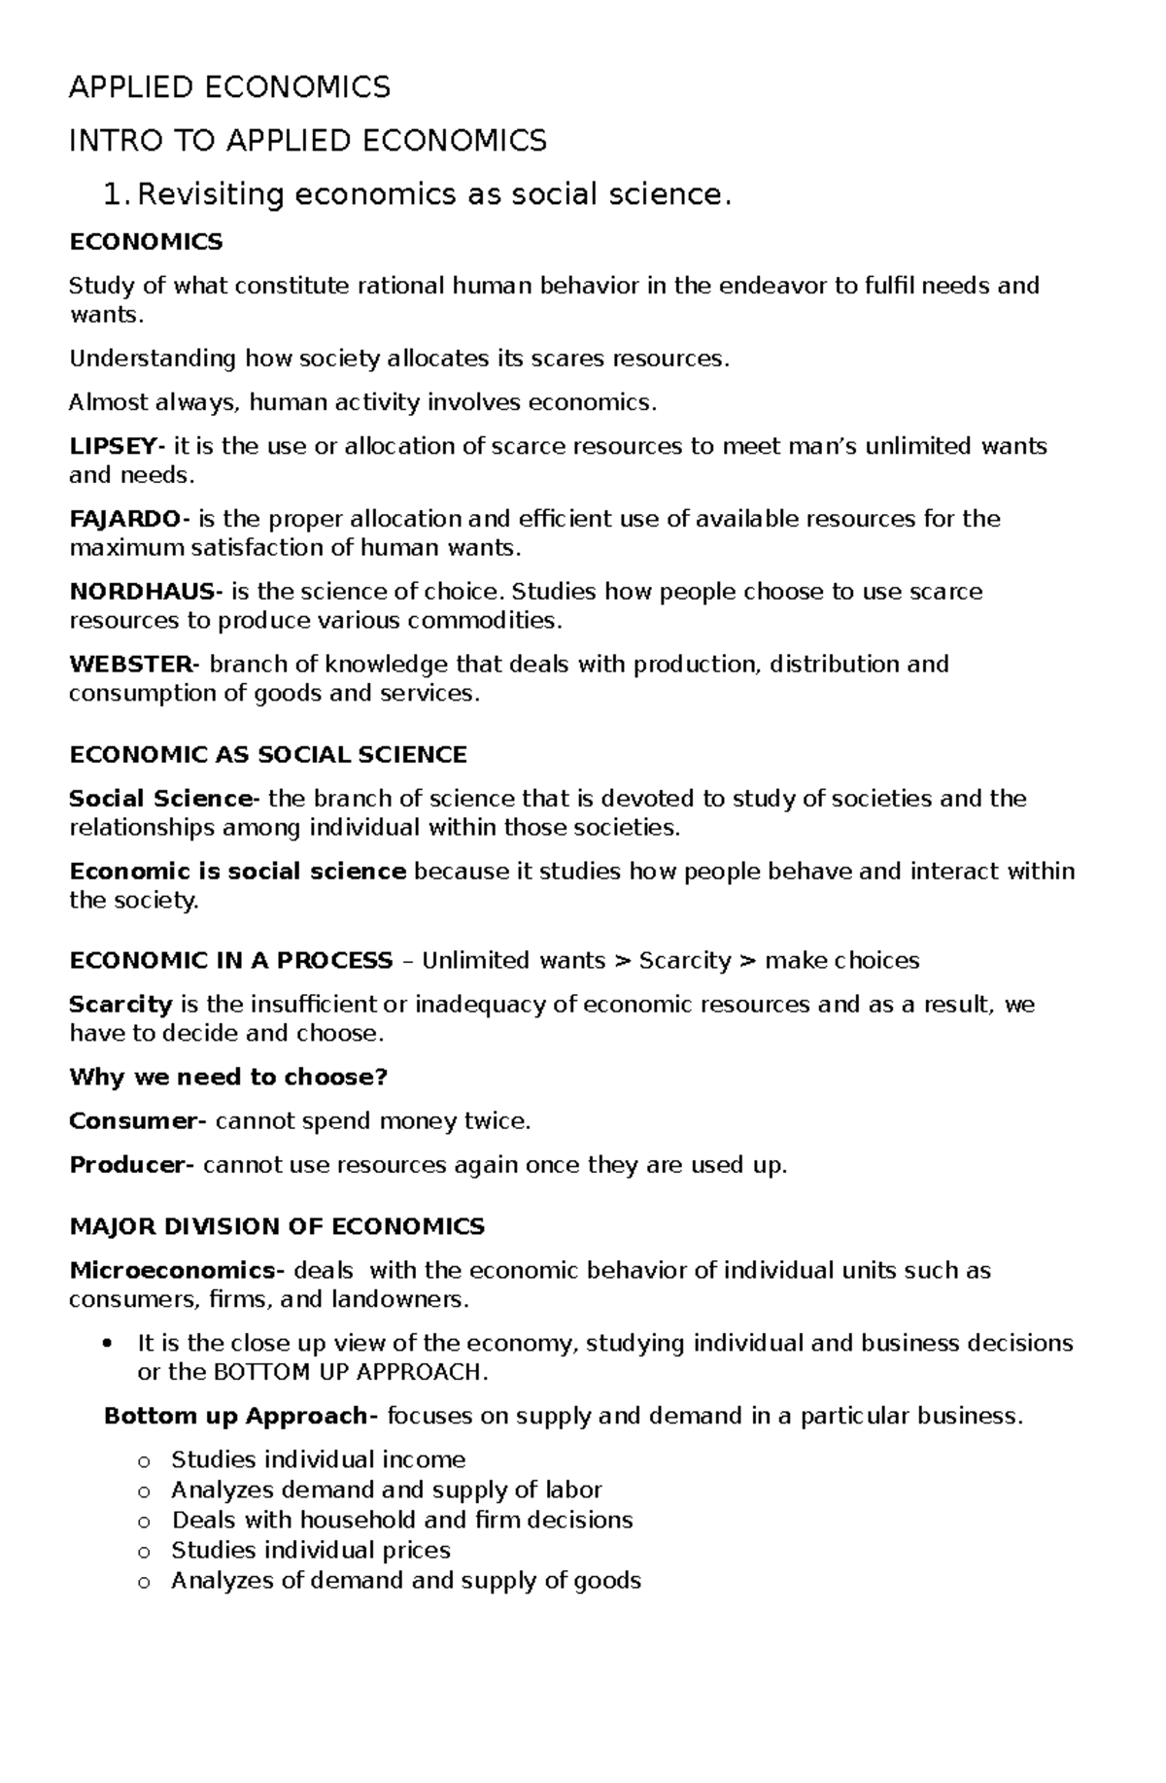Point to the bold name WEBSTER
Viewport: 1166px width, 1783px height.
coord(130,665)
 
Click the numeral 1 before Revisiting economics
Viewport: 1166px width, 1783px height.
coord(113,195)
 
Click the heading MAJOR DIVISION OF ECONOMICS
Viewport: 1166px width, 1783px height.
coord(277,1226)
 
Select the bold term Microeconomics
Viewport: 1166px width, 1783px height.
coord(173,1271)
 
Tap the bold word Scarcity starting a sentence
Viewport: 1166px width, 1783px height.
coord(120,1005)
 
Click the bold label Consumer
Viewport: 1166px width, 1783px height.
coord(133,1121)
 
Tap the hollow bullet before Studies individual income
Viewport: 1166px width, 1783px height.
coord(145,1461)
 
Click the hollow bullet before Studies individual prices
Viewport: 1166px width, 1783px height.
coord(145,1552)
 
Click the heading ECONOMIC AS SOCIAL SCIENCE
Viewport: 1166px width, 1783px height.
coord(268,755)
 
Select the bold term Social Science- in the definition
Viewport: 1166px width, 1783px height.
coord(161,799)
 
